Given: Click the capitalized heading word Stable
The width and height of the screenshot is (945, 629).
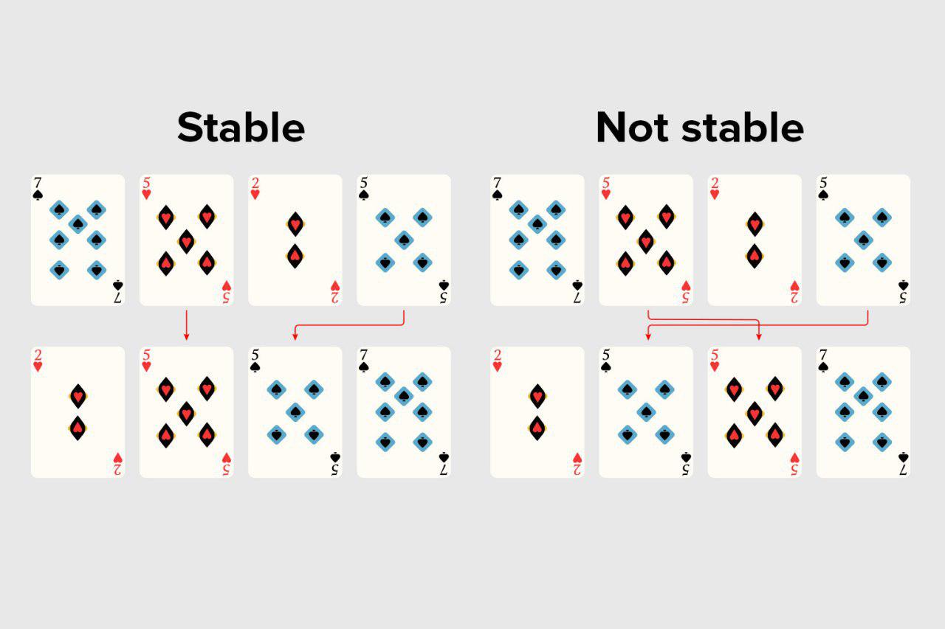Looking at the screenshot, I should pyautogui.click(x=241, y=128).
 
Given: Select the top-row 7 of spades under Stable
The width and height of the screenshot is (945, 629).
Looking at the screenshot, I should pyautogui.click(x=78, y=240).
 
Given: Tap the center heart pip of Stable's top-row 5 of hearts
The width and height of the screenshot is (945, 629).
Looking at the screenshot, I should pyautogui.click(x=186, y=240).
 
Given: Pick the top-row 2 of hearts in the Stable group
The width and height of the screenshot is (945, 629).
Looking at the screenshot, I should pyautogui.click(x=295, y=240).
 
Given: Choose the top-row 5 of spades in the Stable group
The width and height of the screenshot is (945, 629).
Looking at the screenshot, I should pyautogui.click(x=403, y=240).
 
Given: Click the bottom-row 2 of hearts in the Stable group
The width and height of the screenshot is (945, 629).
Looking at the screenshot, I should pyautogui.click(x=78, y=412).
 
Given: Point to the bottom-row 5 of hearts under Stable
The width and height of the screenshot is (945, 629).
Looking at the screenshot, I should pyautogui.click(x=186, y=412).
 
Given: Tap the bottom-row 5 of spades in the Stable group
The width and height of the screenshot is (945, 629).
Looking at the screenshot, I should pyautogui.click(x=295, y=412).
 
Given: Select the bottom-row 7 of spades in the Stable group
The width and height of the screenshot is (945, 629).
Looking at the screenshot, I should pyautogui.click(x=403, y=412).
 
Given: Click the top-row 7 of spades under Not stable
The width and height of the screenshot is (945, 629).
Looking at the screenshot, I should pyautogui.click(x=537, y=240).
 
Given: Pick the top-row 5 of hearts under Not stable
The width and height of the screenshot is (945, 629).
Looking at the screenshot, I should pyautogui.click(x=646, y=240).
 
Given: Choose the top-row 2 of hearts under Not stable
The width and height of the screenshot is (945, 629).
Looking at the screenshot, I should pyautogui.click(x=755, y=240).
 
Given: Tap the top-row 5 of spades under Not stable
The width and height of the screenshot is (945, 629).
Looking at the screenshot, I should pyautogui.click(x=863, y=240).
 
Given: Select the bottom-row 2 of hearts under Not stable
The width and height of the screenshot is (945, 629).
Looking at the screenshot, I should pyautogui.click(x=537, y=412).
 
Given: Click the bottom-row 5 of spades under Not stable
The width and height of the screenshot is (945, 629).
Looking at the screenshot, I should pyautogui.click(x=646, y=412).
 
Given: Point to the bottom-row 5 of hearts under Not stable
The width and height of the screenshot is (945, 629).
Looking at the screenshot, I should pyautogui.click(x=755, y=412).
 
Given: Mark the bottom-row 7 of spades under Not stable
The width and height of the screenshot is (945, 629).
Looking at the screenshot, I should pyautogui.click(x=863, y=412).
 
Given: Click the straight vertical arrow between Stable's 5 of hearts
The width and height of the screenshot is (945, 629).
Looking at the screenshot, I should pyautogui.click(x=186, y=325).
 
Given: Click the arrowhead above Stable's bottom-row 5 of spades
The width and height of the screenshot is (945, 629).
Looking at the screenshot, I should pyautogui.click(x=295, y=337).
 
